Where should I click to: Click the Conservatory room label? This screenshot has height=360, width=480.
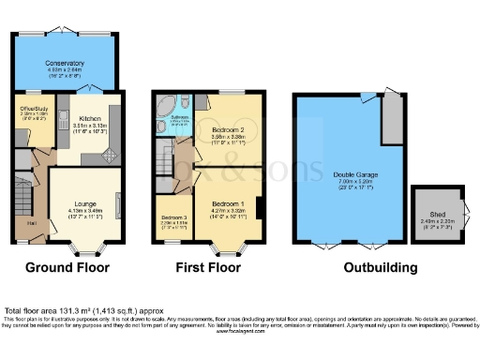pyautogui.click(x=66, y=63)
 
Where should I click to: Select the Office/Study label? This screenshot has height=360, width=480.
pyautogui.click(x=34, y=109)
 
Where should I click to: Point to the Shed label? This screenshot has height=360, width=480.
pyautogui.click(x=429, y=213)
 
